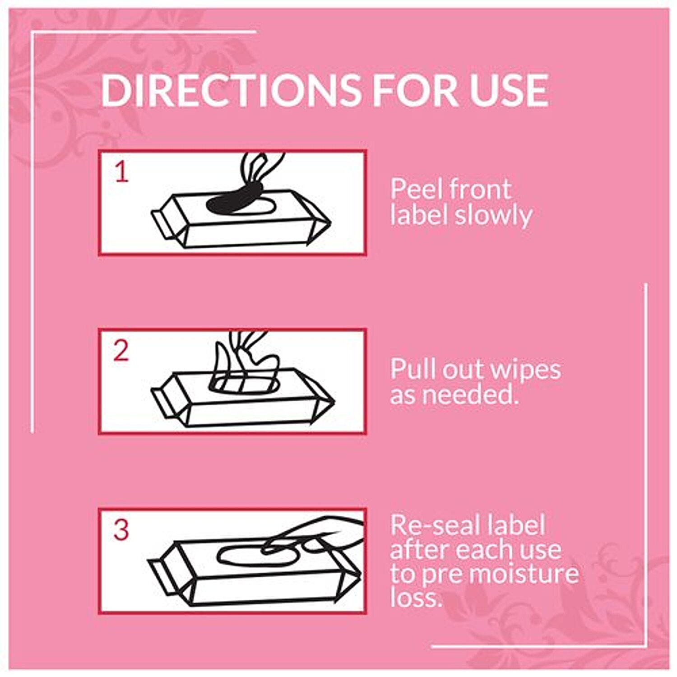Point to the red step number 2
(121, 351)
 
